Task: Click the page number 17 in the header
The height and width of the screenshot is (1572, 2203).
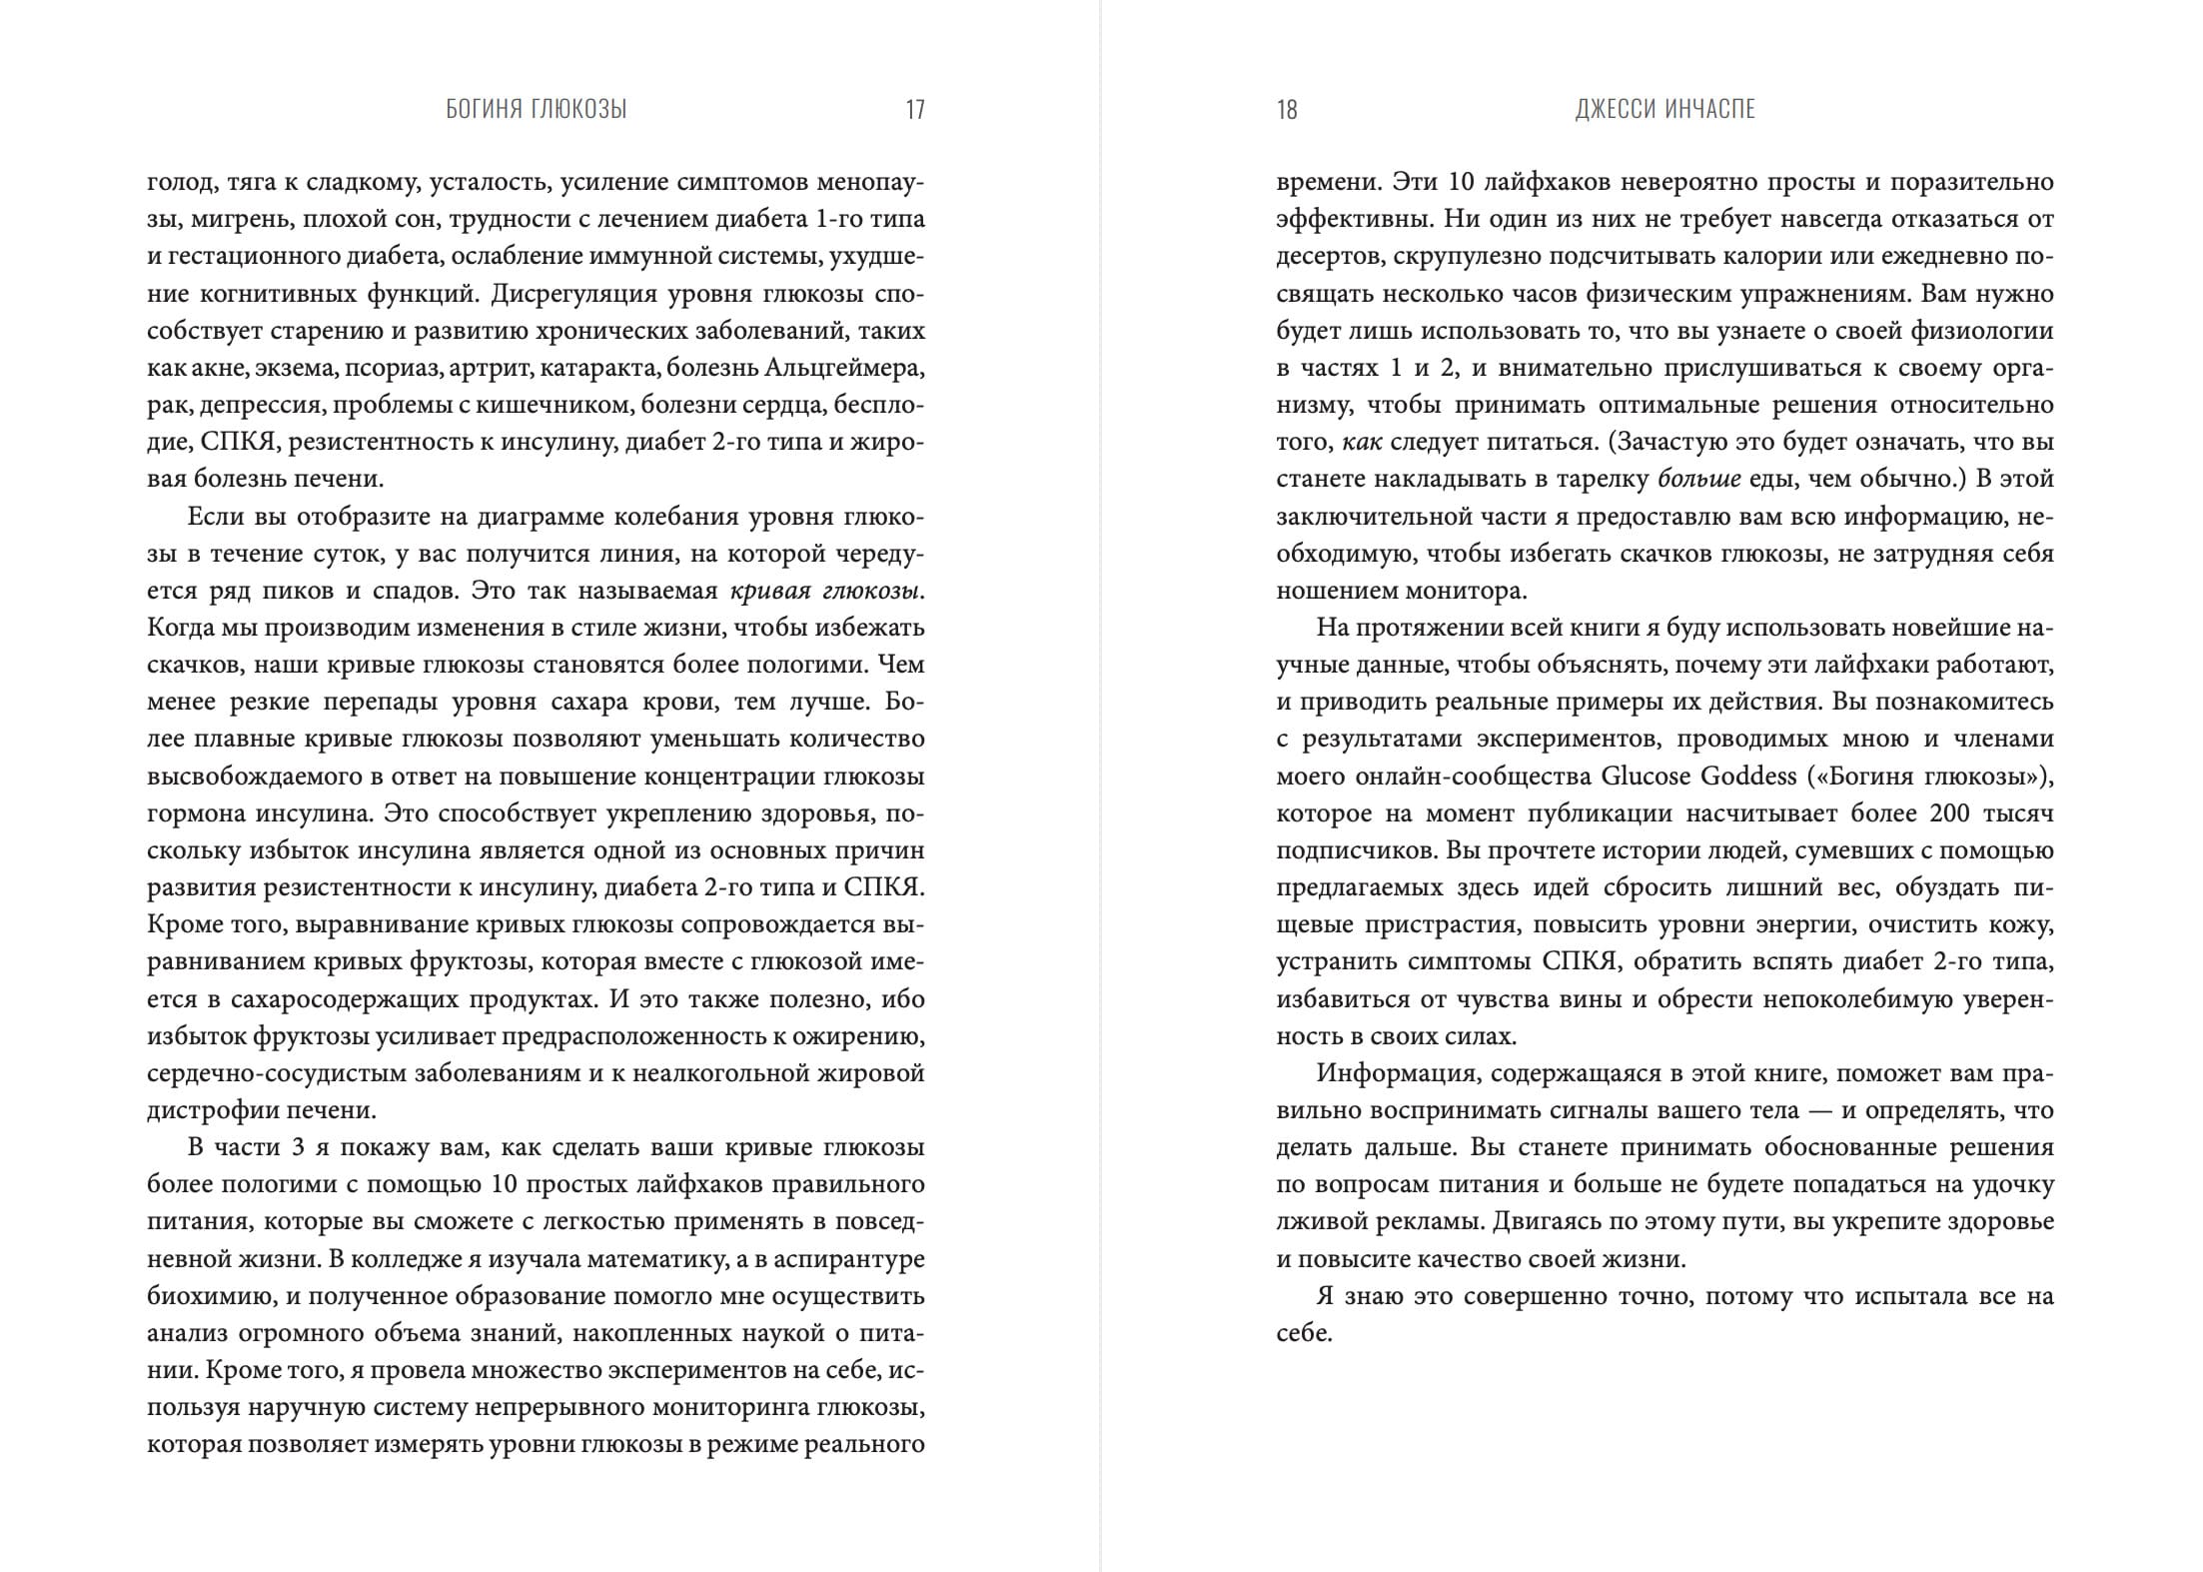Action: click(915, 110)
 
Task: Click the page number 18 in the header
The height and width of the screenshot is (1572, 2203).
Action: click(1287, 110)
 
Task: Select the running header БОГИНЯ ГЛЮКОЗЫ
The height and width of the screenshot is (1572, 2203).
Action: click(537, 110)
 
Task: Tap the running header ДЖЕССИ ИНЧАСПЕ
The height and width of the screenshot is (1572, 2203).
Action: click(1664, 110)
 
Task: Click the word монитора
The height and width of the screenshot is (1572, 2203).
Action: click(1470, 591)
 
